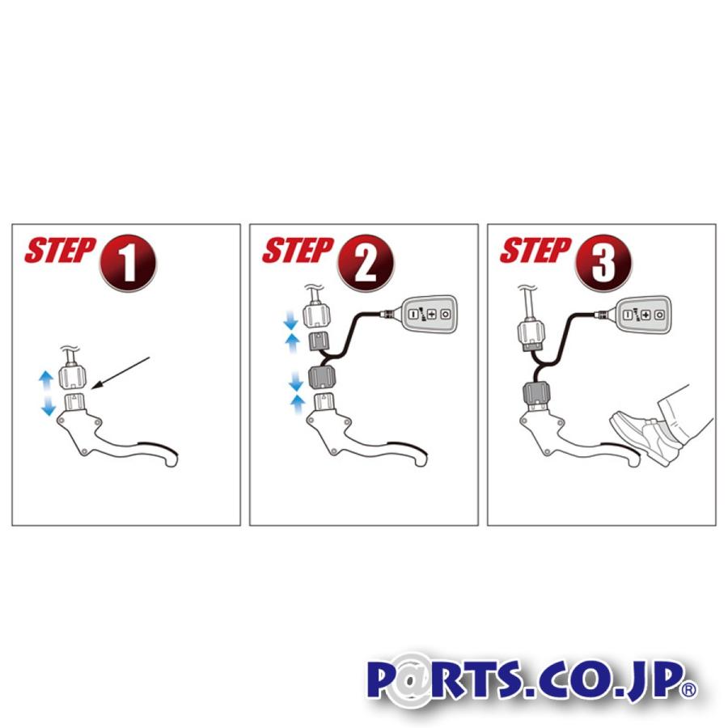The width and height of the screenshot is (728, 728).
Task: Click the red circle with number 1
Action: click(128, 263)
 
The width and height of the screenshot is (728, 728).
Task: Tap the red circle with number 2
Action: click(366, 263)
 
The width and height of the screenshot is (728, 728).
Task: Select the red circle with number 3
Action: click(603, 263)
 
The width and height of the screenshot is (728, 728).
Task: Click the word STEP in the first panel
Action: click(60, 250)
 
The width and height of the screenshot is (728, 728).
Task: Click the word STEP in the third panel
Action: click(535, 250)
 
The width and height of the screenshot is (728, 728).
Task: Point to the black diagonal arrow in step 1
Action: click(121, 372)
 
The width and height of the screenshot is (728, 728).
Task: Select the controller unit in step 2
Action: click(429, 314)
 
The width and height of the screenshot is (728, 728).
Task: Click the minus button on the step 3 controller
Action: click(628, 315)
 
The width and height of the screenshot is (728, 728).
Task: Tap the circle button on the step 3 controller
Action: click(659, 315)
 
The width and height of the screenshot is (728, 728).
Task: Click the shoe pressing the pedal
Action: click(645, 437)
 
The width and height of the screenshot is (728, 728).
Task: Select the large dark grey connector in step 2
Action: click(321, 378)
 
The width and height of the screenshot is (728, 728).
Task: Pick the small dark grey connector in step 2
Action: click(319, 342)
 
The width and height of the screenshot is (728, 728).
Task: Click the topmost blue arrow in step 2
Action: click(291, 320)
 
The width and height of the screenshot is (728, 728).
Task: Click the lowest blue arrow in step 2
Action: click(298, 405)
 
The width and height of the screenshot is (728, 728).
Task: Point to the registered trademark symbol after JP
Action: click(689, 689)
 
